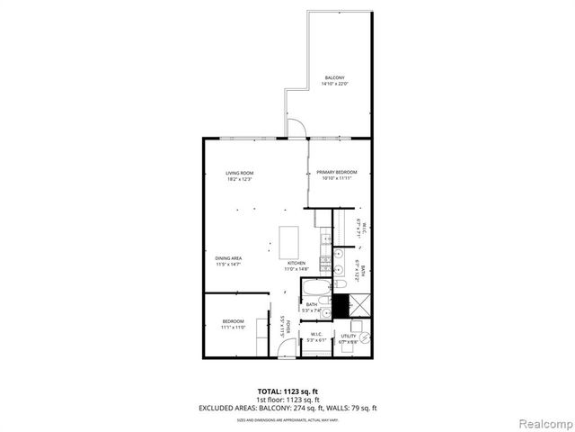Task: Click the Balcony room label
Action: tap(334, 81)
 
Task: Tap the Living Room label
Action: tap(240, 175)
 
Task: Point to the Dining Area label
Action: tap(228, 261)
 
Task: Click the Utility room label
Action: tap(348, 338)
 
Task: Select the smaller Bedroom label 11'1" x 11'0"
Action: tap(234, 324)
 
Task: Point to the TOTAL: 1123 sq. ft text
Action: tap(287, 391)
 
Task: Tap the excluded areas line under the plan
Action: tap(287, 408)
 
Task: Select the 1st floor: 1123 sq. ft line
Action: tap(287, 400)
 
